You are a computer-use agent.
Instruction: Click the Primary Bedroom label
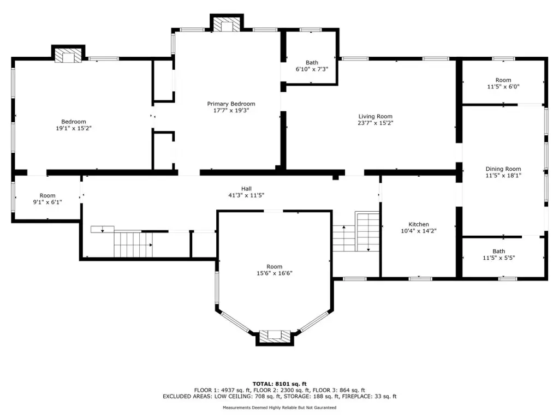231,104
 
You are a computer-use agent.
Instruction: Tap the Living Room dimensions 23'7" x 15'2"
376,123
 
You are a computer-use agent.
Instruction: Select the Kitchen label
419,224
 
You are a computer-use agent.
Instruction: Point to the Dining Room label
503,169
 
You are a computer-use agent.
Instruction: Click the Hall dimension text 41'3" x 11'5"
246,195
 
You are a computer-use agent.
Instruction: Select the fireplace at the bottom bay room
275,336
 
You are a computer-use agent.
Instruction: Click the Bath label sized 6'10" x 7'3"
312,63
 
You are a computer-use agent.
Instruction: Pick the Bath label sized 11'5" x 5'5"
499,251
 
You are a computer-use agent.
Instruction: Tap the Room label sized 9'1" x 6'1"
47,196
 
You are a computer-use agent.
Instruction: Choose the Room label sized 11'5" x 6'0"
503,80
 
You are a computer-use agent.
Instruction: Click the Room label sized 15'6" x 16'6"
275,266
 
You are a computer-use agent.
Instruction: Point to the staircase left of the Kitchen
356,231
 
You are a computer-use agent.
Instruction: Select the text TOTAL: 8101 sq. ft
279,384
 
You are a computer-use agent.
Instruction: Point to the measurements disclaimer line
279,408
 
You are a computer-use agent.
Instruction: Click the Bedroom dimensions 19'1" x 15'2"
74,128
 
